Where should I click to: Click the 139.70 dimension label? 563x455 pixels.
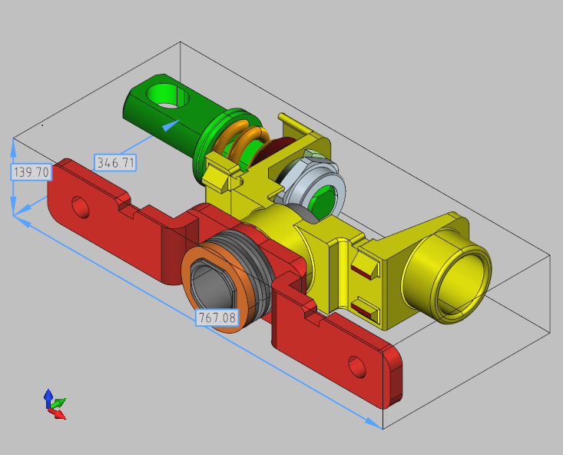coord(31,172)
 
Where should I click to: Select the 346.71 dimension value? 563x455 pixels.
coord(115,162)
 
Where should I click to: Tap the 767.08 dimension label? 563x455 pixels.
coord(217,317)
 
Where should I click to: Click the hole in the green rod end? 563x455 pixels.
coord(167,95)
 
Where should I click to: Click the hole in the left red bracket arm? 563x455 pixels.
coord(81,207)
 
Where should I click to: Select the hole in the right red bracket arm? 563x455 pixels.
coord(357,367)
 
